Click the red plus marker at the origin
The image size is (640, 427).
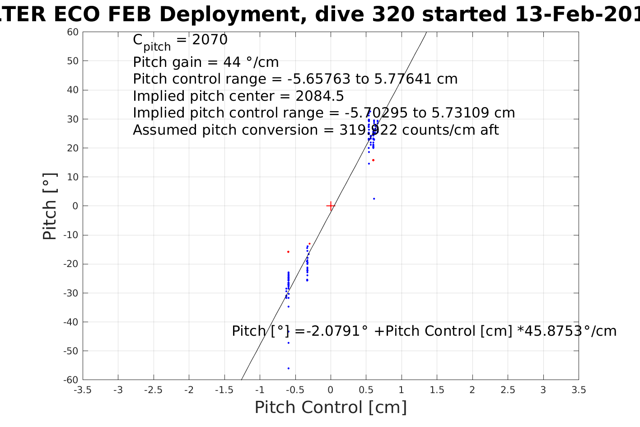331,206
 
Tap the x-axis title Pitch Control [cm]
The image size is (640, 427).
331,407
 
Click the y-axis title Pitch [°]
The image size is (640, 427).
50,206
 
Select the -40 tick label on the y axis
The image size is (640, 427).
71,322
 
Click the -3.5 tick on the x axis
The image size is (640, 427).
83,390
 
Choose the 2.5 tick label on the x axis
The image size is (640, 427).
508,390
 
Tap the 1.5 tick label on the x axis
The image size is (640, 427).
437,390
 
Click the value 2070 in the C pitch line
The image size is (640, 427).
210,40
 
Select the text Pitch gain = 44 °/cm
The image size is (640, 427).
206,62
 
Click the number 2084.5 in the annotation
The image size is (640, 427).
320,96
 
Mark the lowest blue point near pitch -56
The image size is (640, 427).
289,368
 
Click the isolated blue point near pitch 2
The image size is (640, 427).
374,199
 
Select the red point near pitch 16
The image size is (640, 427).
373,160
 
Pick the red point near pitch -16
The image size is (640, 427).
288,252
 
